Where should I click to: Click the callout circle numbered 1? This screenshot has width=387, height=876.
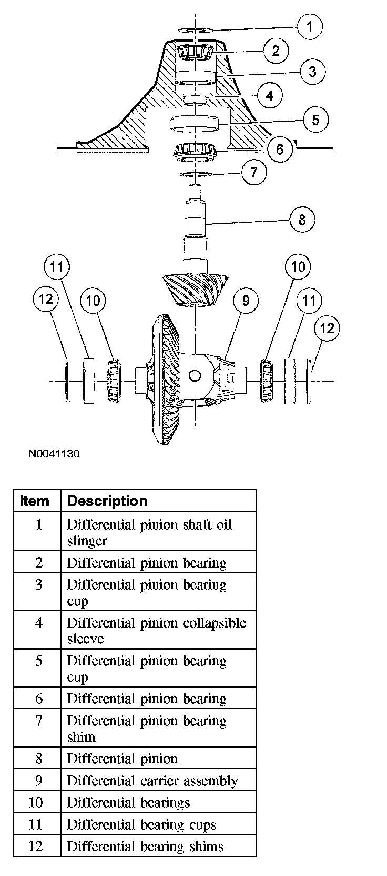[x=309, y=26]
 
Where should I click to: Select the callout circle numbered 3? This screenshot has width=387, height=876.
[x=312, y=71]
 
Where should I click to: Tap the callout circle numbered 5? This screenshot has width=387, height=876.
[x=315, y=120]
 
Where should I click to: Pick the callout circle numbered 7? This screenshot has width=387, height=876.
[x=254, y=172]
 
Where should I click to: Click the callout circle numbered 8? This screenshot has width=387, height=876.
[x=302, y=219]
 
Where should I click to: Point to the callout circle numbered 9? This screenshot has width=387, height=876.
[x=246, y=301]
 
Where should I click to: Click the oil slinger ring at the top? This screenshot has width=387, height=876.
[x=196, y=29]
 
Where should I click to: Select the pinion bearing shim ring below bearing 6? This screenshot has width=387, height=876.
[x=195, y=174]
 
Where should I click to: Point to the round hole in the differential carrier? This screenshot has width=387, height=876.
[x=195, y=375]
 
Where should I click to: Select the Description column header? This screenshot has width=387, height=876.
[x=107, y=501]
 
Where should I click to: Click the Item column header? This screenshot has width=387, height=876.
[x=34, y=501]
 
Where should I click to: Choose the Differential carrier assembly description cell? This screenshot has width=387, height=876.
[x=152, y=781]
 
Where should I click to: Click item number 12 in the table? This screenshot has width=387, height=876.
[x=36, y=847]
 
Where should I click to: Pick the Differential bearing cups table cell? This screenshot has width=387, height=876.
[x=141, y=824]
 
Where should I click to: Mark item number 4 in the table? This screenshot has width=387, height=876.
[x=38, y=623]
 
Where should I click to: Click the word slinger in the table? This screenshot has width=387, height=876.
[x=87, y=541]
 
